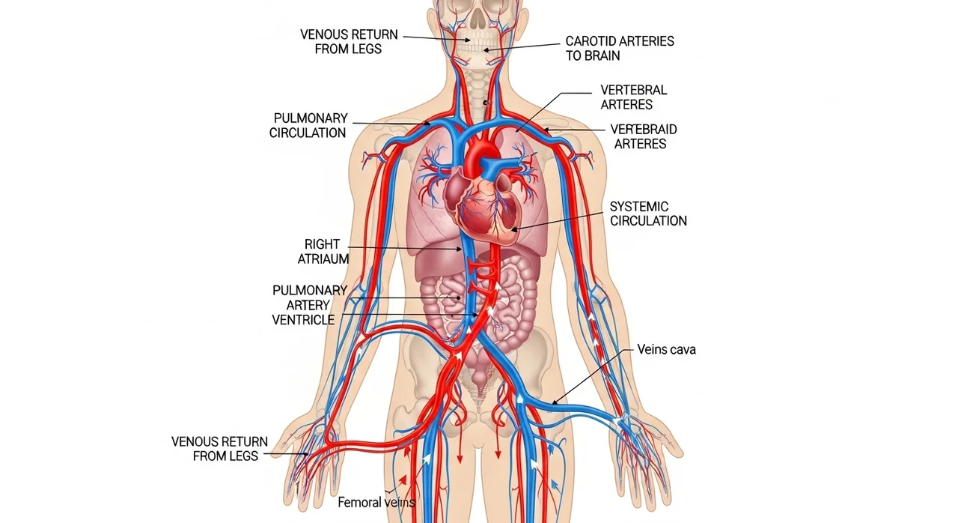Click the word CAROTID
tap(591, 41)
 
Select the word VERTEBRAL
tap(633, 90)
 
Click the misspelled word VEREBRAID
tap(644, 130)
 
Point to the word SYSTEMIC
tap(639, 207)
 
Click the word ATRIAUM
tap(323, 259)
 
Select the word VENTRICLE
tap(303, 320)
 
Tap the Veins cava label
tap(666, 350)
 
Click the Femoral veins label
tap(376, 502)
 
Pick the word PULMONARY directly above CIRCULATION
tap(311, 118)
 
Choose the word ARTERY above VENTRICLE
tap(308, 305)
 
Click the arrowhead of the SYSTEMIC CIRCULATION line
tap(514, 230)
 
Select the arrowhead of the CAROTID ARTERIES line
tap(486, 50)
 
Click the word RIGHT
tap(322, 244)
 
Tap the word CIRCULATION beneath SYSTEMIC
tap(648, 221)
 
